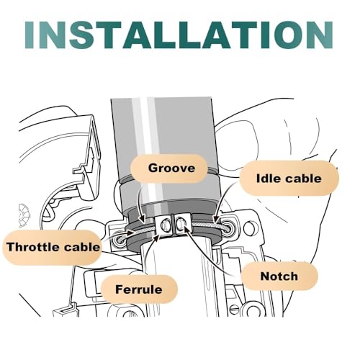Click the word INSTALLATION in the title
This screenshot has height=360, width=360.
(x=179, y=35)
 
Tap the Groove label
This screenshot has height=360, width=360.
(x=168, y=168)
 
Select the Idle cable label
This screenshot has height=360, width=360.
(x=289, y=179)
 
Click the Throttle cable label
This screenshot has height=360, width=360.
(x=53, y=247)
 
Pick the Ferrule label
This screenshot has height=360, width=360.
(x=139, y=289)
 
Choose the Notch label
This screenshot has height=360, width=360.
(x=279, y=276)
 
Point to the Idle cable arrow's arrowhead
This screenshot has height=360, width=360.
(x=215, y=220)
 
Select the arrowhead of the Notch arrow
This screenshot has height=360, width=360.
(x=186, y=228)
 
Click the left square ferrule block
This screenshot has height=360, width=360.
(x=164, y=225)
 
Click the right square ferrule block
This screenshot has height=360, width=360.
(x=182, y=225)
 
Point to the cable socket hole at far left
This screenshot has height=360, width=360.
(x=120, y=240)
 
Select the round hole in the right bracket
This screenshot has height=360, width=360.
(x=249, y=226)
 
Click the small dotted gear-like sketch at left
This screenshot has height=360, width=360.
(x=24, y=215)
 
